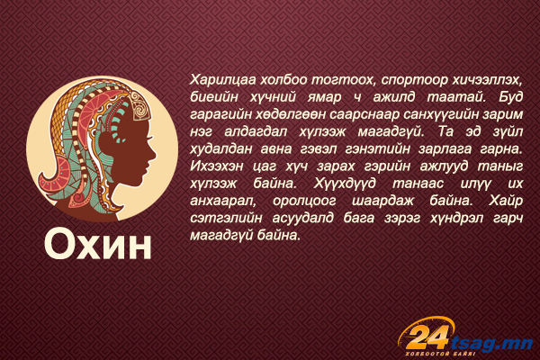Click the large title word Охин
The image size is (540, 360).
pos(98,244)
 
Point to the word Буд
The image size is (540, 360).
pos(511,97)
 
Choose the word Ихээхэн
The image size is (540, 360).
pos(217,166)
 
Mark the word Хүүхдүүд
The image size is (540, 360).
pos(345,184)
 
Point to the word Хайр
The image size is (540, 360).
pos(506,201)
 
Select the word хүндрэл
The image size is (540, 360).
pos(456,219)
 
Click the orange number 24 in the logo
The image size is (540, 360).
pos(429,337)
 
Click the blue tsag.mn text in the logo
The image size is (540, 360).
pos(491,343)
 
